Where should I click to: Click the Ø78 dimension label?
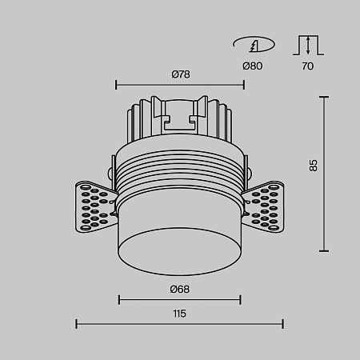(181, 74)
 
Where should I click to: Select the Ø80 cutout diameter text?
(252, 66)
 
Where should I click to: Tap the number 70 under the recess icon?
(308, 66)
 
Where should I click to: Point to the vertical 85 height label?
(314, 166)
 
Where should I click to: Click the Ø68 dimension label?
(180, 289)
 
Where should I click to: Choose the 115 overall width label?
(179, 314)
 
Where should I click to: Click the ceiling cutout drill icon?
(254, 44)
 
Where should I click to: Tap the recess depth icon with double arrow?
(308, 45)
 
